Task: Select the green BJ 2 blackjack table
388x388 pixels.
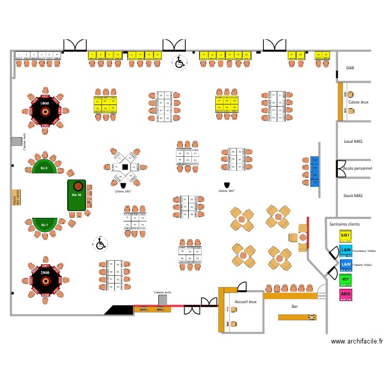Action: pos(44,167)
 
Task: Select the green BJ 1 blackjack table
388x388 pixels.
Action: pos(44,225)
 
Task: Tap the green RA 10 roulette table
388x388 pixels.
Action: pos(78,195)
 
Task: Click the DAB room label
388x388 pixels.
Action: pos(350,68)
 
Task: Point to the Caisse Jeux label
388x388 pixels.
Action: pos(359,102)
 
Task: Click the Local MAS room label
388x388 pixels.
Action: pos(353,141)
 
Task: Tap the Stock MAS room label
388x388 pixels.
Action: pos(353,196)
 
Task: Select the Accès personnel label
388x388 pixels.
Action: pos(357,169)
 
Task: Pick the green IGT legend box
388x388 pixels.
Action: pos(346,280)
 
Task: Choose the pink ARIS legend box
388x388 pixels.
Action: pos(346,294)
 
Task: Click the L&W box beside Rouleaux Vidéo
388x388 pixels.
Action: pos(346,250)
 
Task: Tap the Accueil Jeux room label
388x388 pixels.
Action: pos(245,301)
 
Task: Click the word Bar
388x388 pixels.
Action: pos(294,306)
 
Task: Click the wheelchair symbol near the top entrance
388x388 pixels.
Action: pos(180,63)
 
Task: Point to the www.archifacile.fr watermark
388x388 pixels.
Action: pos(357,341)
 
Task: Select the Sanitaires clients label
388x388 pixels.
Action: pos(345,224)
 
